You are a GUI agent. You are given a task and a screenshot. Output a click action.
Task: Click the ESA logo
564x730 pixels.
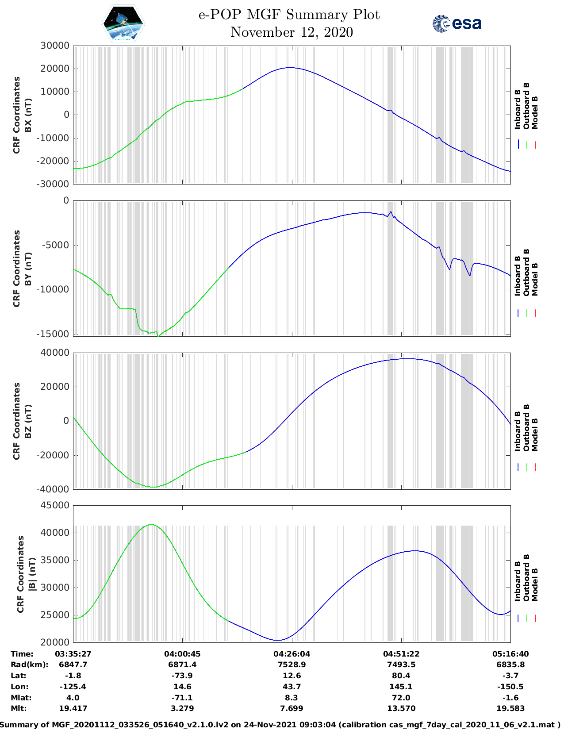pos(457,23)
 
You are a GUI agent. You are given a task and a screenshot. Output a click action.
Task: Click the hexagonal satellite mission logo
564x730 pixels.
pos(123,23)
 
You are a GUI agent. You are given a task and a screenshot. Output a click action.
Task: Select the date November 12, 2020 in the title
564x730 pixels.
pos(292,32)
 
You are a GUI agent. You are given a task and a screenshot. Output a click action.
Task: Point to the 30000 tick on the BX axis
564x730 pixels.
pos(55,46)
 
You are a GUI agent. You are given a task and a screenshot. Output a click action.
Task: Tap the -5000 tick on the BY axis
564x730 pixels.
pos(55,245)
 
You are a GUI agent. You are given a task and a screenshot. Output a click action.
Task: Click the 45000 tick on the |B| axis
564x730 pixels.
pos(55,505)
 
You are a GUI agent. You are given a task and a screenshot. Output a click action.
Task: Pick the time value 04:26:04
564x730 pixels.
pos(292,654)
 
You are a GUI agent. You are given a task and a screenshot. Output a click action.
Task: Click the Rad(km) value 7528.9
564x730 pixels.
pos(292,665)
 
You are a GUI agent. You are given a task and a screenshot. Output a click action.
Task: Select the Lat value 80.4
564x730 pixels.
pos(401,676)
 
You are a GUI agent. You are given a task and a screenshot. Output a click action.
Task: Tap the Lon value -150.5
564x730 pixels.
pos(510,687)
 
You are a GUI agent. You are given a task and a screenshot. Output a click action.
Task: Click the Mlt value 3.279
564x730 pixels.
pos(182,708)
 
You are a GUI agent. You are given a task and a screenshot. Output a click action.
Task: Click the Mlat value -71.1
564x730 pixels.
pos(182,698)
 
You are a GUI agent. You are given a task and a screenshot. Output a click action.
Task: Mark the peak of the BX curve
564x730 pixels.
pos(290,68)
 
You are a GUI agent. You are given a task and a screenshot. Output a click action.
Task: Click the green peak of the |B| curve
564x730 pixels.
pos(151,525)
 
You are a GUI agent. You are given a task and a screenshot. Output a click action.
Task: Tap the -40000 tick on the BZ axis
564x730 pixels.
pos(55,489)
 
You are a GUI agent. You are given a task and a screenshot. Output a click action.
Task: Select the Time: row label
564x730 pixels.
pos(22,654)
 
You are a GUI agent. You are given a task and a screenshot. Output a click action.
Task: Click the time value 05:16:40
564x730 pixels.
pos(510,654)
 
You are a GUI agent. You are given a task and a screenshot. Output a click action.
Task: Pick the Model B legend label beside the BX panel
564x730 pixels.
pos(535,112)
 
